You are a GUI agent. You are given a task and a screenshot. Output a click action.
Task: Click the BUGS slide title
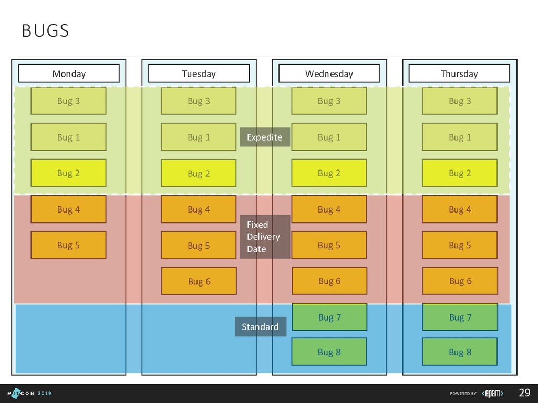[x=45, y=31]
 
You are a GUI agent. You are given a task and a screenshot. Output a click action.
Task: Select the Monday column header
[x=69, y=73]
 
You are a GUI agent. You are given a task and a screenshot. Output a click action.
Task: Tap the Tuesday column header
[x=199, y=73]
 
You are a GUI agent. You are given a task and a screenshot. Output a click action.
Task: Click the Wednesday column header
[x=329, y=73]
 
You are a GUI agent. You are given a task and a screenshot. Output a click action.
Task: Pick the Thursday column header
[x=459, y=73]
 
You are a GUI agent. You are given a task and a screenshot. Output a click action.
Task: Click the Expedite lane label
[x=265, y=137]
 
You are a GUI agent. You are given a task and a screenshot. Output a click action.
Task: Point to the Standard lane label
[x=261, y=327]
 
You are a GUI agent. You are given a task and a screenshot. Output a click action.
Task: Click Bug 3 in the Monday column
[x=68, y=101]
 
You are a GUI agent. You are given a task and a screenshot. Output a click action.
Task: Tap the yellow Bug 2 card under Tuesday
[x=199, y=173]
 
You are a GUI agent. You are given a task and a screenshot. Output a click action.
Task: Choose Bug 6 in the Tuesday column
[x=199, y=281]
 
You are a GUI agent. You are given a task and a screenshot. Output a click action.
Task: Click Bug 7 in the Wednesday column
[x=329, y=317]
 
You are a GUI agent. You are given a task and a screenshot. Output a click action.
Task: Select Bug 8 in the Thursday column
[x=460, y=352]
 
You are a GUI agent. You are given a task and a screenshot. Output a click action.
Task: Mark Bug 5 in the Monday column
[x=68, y=245]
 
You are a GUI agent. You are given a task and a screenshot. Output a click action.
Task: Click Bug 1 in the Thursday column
[x=460, y=137]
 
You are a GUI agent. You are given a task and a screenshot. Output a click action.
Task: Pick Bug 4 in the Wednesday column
[x=329, y=209]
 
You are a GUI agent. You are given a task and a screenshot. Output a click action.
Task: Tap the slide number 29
[x=524, y=393]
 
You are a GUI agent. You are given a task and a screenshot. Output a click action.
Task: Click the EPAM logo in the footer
[x=492, y=393]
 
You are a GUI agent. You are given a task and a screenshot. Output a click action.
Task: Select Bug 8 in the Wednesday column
[x=329, y=352]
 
